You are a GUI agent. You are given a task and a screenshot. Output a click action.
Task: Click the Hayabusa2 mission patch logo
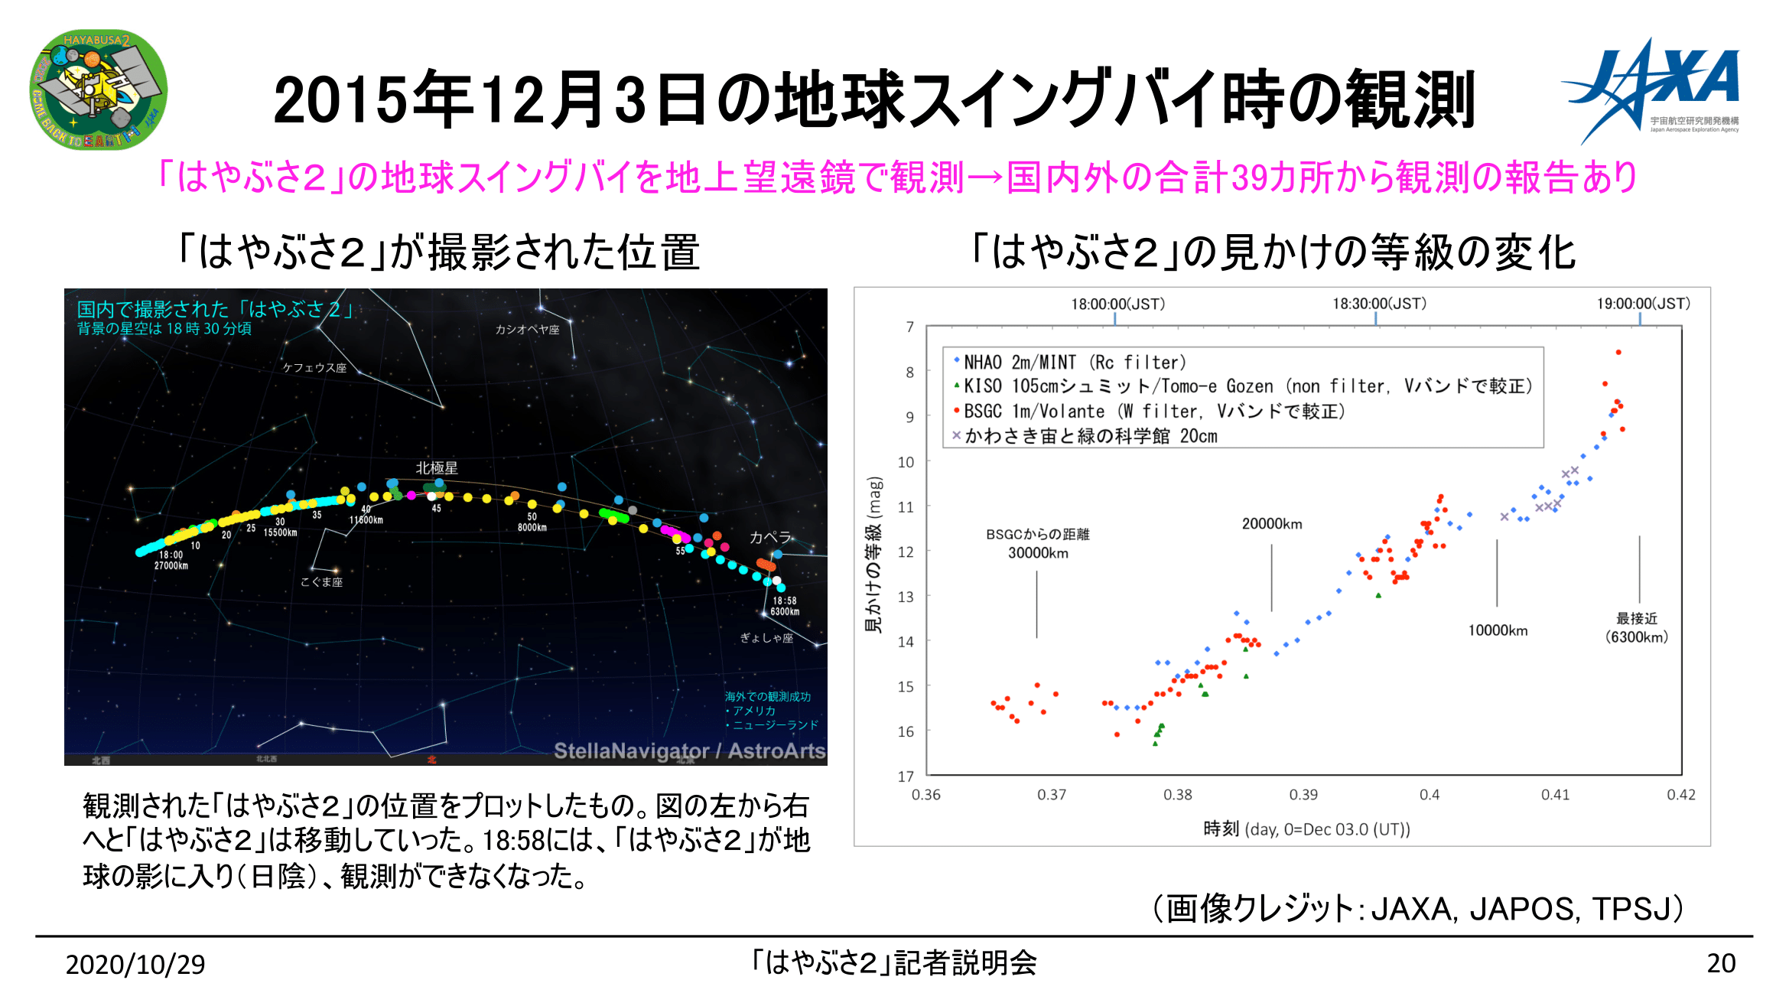point(98,90)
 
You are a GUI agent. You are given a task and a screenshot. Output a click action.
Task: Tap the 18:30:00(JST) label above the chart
point(1379,304)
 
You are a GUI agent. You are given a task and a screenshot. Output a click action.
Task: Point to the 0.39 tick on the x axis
point(1303,795)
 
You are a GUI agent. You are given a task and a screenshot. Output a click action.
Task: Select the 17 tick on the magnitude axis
point(906,776)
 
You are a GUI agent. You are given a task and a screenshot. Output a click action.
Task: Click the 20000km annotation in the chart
point(1272,524)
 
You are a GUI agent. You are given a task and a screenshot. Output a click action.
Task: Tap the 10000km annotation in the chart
point(1498,630)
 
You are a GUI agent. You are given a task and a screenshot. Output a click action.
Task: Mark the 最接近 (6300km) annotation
point(1637,628)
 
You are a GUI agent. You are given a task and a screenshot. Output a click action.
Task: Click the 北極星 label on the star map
point(437,468)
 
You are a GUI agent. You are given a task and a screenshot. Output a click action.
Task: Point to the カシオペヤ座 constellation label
point(527,330)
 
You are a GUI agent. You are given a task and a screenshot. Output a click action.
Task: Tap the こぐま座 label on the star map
point(321,582)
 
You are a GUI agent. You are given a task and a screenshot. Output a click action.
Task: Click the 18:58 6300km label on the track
point(785,606)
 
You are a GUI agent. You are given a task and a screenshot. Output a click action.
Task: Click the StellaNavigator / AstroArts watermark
point(689,751)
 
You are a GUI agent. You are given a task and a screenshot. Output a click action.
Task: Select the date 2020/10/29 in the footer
point(135,965)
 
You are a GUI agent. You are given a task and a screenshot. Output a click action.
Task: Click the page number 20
point(1721,963)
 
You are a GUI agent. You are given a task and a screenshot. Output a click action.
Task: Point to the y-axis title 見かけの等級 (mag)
point(873,555)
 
